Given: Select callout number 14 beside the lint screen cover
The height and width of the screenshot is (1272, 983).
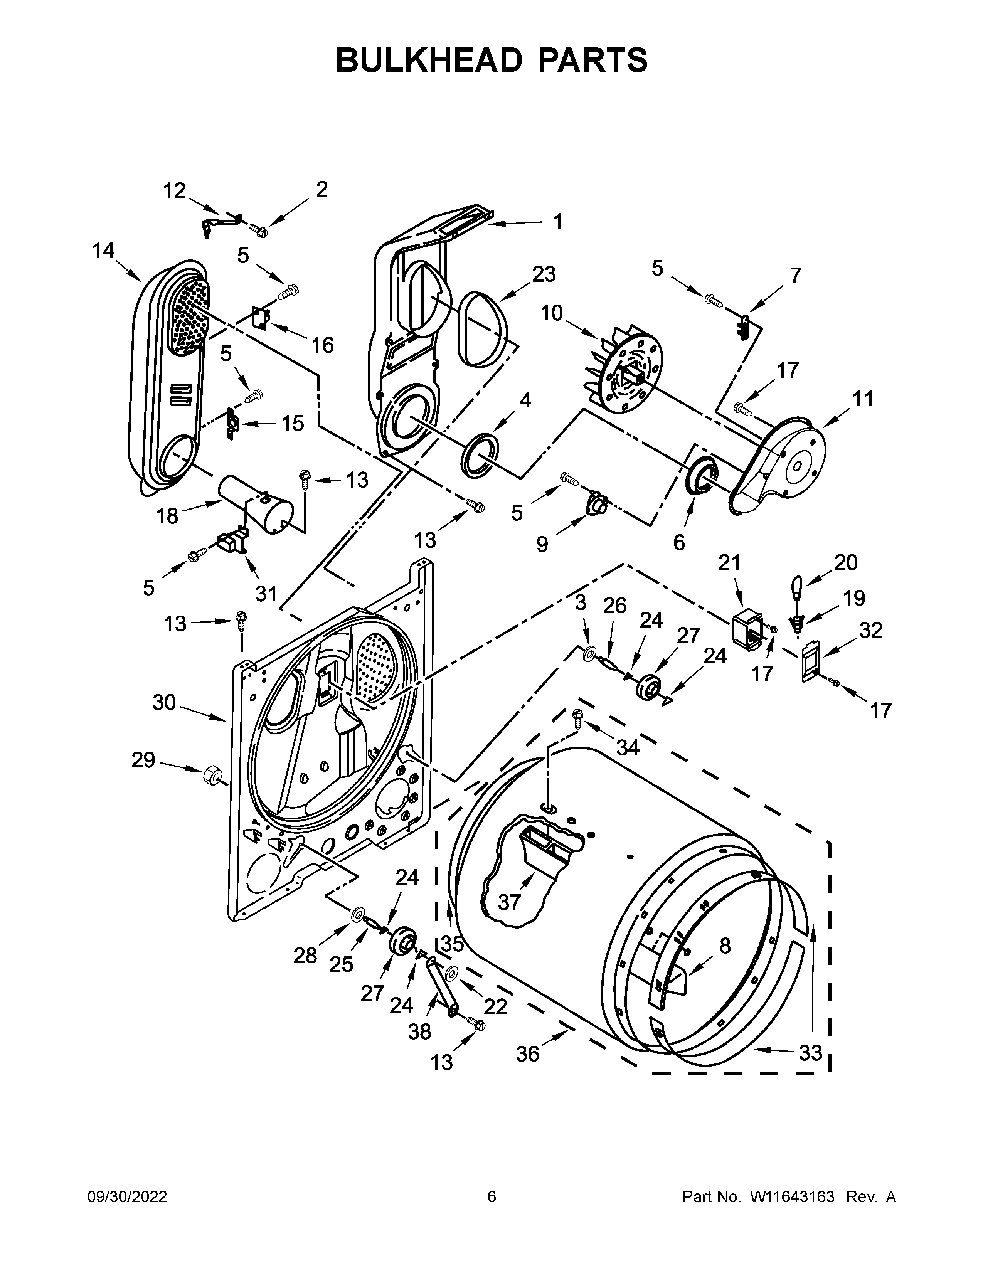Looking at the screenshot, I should point(104,251).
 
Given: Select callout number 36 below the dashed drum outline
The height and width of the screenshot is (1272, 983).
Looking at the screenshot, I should point(528,1053).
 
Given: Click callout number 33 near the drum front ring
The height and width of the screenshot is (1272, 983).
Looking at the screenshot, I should point(810,1052).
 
